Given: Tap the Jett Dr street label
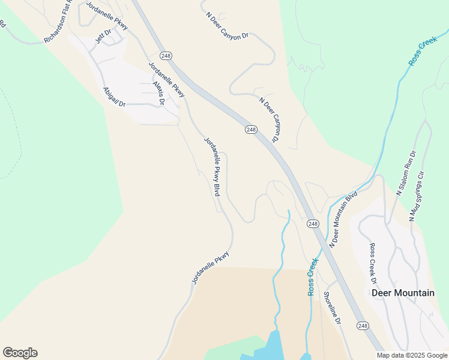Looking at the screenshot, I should point(103,37).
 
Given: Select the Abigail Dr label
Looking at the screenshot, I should point(114,97).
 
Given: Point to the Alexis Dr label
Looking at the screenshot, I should point(158,93).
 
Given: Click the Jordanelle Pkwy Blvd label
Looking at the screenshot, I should point(212,167).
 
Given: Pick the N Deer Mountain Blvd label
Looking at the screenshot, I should point(343,220).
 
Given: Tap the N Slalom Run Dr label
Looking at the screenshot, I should point(406,173).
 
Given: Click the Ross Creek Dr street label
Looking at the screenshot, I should point(373,263).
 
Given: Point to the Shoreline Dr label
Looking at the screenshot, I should point(332,308).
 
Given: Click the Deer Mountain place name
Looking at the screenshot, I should point(403,293).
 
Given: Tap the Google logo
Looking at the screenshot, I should point(20,353).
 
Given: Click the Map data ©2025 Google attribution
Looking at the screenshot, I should point(412,355).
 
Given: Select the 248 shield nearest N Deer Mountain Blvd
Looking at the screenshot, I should point(312,224).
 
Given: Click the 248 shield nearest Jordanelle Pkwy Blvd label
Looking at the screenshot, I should point(251,130).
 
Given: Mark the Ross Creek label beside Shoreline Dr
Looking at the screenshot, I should point(312,276).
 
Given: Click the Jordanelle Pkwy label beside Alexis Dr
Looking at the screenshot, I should point(166,79).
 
